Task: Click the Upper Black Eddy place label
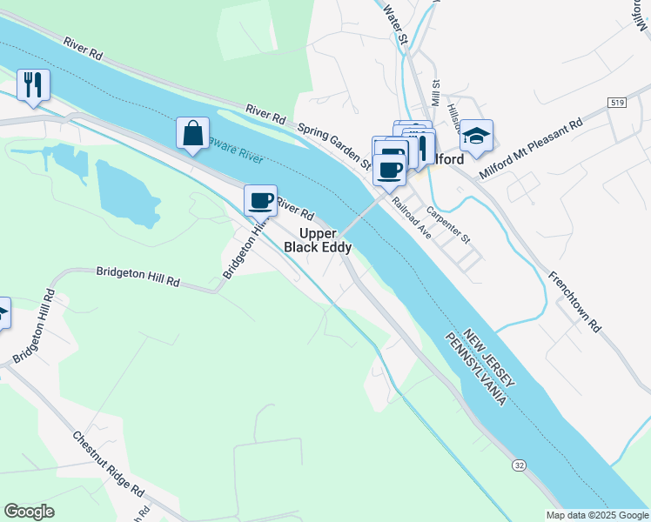[318, 240]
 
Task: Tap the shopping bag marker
[192, 134]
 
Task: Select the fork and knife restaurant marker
[33, 85]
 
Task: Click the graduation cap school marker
[476, 136]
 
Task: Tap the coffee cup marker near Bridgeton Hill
[260, 201]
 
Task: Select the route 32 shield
[519, 465]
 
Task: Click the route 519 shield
[618, 103]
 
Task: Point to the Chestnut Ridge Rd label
[109, 463]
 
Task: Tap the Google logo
[29, 512]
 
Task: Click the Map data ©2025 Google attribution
[596, 515]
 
